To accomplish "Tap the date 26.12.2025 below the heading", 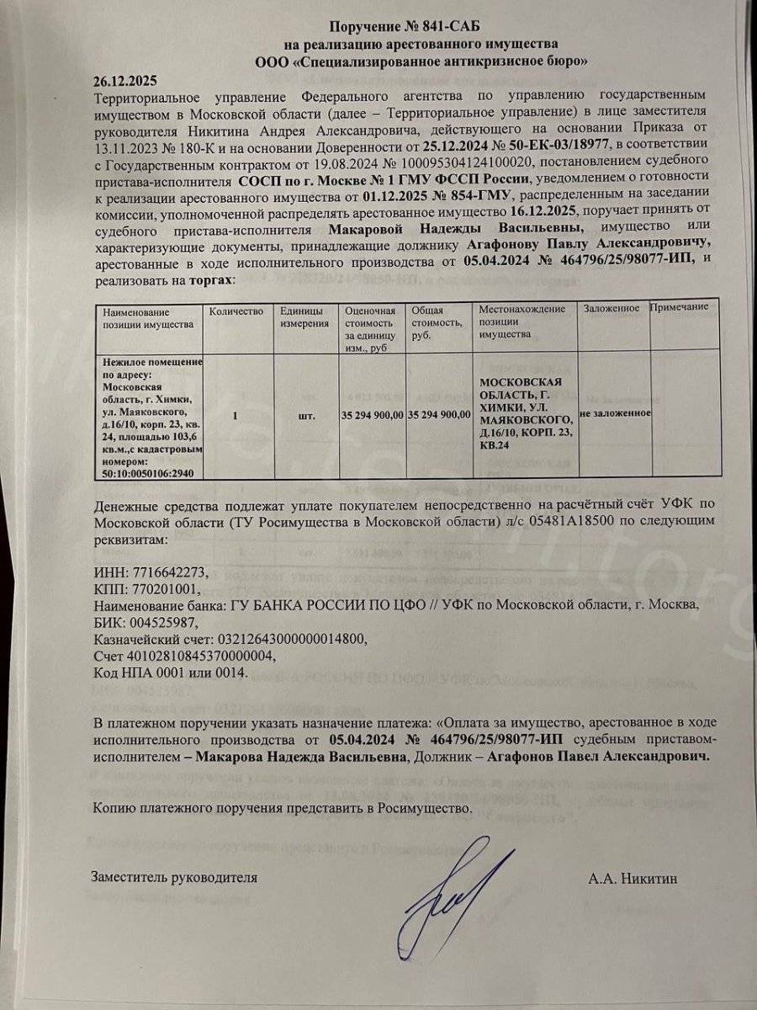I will [x=127, y=81].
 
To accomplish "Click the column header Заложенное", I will [x=611, y=309].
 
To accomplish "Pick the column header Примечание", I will [x=680, y=307].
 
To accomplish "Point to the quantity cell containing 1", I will [x=235, y=415].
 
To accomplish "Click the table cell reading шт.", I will [x=307, y=415].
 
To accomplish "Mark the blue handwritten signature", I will [x=454, y=884].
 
